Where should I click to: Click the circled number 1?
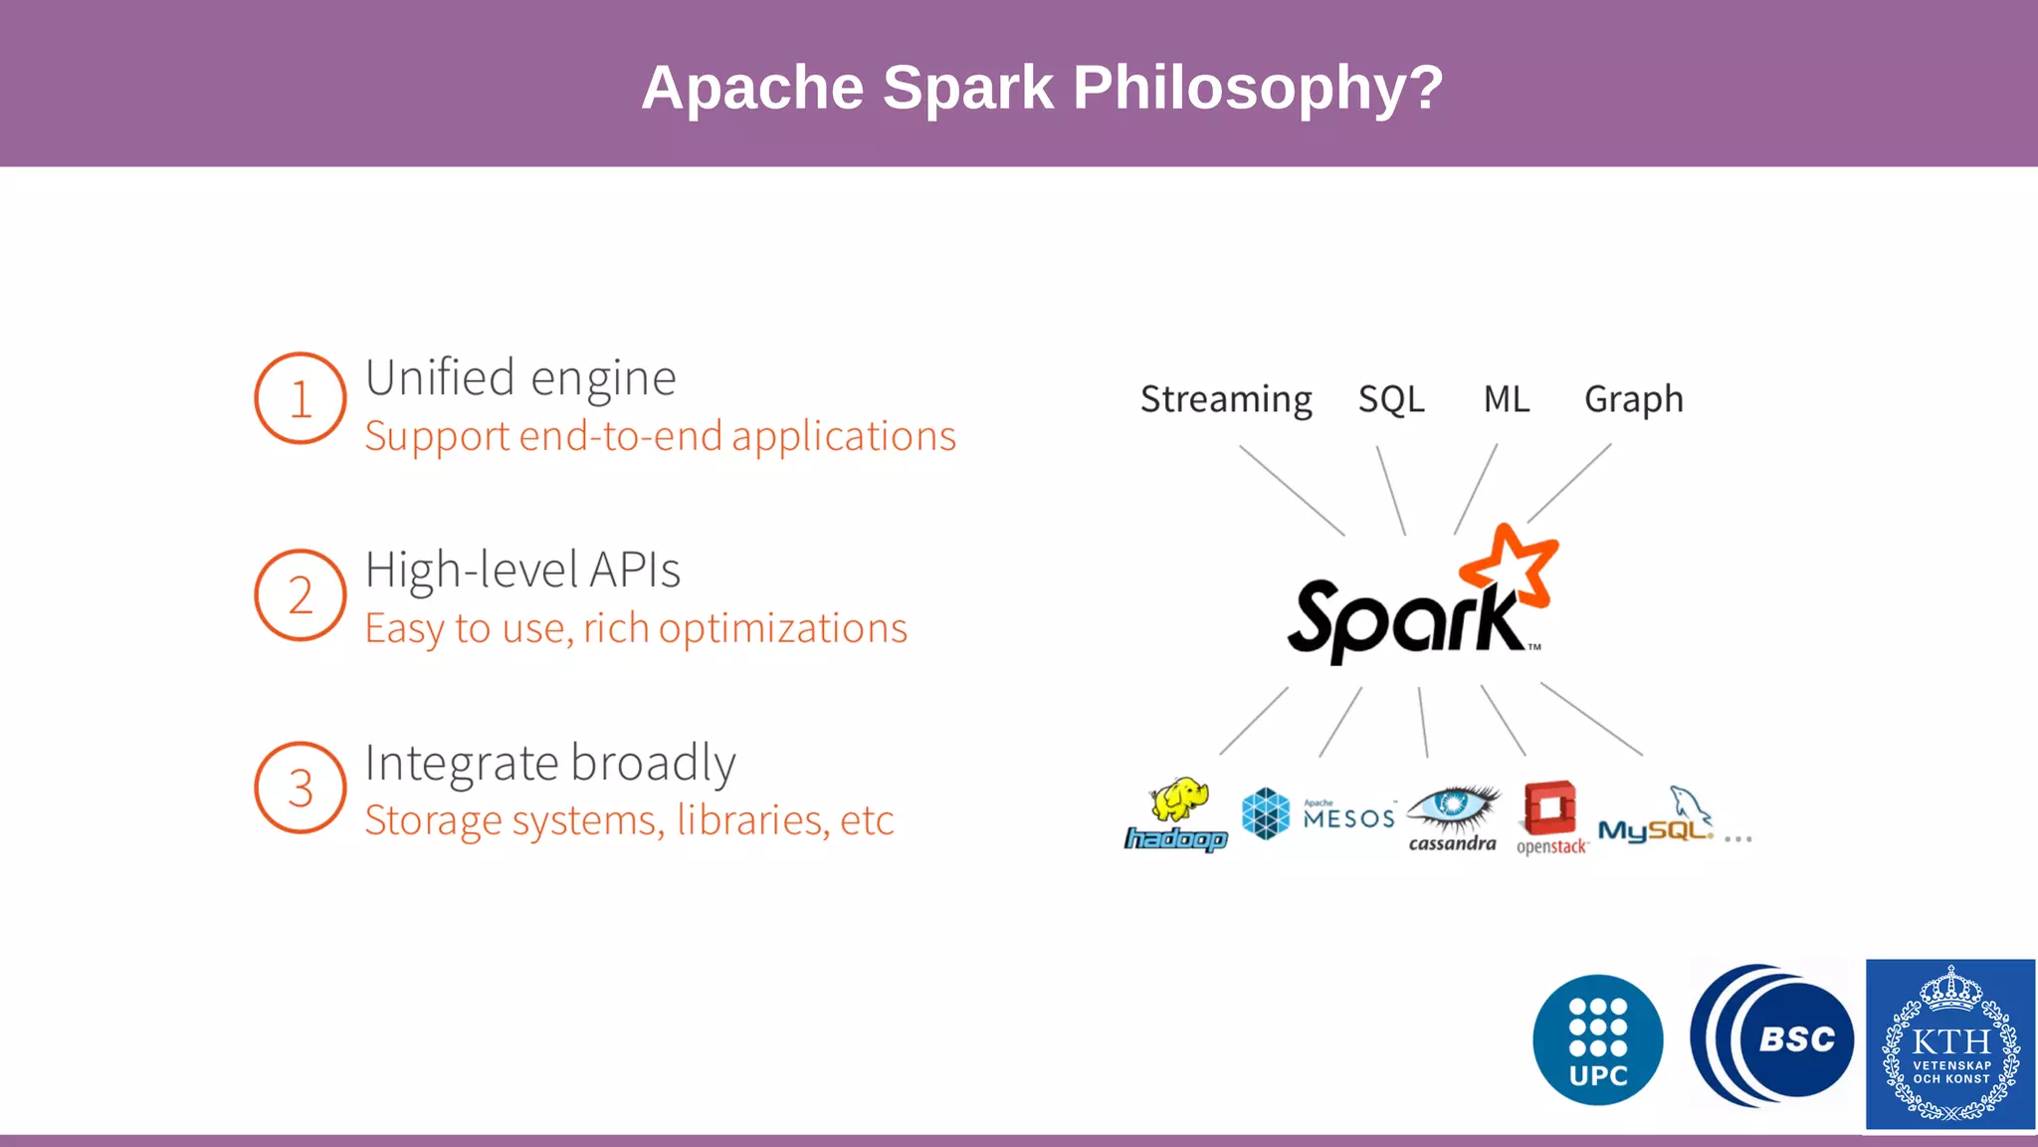tap(300, 398)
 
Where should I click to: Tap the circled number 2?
tap(300, 595)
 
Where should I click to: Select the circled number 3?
tap(300, 788)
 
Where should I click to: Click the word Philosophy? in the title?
tap(1258, 88)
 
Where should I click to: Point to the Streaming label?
tap(1225, 399)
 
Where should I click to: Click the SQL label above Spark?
tap(1390, 399)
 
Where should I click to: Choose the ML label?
tap(1506, 399)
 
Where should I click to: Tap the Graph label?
tap(1633, 399)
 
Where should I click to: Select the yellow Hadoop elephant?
tap(1180, 799)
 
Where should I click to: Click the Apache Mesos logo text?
tap(1348, 817)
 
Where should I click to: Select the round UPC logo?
tap(1597, 1039)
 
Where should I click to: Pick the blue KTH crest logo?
tap(1949, 1044)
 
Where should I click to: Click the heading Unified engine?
tap(520, 378)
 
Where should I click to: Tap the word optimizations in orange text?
tap(782, 628)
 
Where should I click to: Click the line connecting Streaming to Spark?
tap(1291, 490)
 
